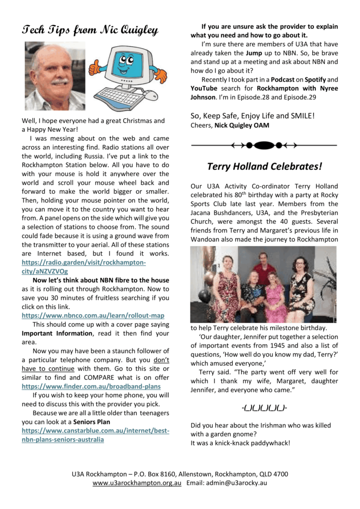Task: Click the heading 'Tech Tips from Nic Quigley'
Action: click(90, 31)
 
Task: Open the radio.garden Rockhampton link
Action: click(84, 267)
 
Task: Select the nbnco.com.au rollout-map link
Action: click(93, 315)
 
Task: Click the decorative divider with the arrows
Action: click(264, 145)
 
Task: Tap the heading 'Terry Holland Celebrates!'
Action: click(264, 166)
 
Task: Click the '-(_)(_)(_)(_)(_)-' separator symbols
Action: click(264, 408)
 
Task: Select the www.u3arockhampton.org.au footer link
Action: click(137, 483)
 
